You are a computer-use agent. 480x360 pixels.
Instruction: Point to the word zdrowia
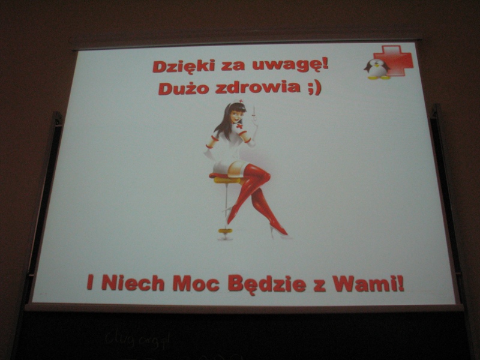(x=258, y=88)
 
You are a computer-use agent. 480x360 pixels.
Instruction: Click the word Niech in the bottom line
(x=133, y=283)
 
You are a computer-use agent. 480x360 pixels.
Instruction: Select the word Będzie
(x=267, y=284)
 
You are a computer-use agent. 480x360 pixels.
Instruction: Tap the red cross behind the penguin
(x=394, y=61)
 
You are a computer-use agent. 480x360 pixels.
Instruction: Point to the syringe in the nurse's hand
(x=253, y=115)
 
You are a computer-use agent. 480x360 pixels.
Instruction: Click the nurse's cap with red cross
(x=239, y=101)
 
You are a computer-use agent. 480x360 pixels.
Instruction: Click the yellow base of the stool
(x=226, y=230)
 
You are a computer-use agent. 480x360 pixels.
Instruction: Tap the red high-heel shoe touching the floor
(x=279, y=230)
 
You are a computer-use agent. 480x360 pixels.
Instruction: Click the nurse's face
(x=237, y=115)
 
